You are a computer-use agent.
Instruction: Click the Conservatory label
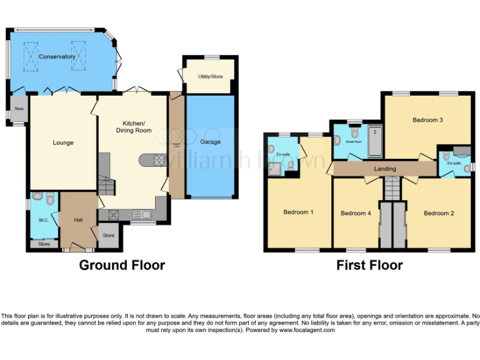[x=57, y=57]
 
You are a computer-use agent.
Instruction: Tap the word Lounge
[x=63, y=142]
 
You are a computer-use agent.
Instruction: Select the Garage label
[x=210, y=142]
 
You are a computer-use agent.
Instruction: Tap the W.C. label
[x=43, y=220]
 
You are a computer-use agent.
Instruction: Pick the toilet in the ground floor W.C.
[x=50, y=198]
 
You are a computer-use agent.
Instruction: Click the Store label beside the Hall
[x=109, y=236]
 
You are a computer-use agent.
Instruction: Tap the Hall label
[x=78, y=220]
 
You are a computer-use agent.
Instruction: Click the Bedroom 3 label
[x=427, y=119]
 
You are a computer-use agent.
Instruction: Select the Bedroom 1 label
[x=298, y=212]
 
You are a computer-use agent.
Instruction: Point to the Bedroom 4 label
[x=356, y=213]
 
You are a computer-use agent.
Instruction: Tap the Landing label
[x=385, y=169]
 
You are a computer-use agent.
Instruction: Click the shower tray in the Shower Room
[x=376, y=141]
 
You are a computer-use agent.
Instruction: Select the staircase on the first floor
[x=392, y=187]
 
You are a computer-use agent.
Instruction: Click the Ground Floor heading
[x=122, y=265]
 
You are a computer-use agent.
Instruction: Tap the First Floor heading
[x=369, y=265]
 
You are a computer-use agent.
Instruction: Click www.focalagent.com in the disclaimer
[x=307, y=330]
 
